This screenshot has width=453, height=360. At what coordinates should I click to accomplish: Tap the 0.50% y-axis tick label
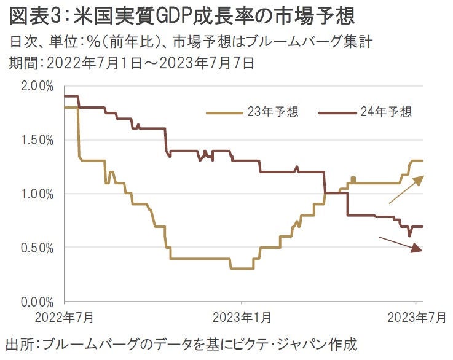[37, 248]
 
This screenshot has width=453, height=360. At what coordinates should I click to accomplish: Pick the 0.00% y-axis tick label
[37, 302]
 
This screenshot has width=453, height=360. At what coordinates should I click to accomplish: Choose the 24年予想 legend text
[386, 112]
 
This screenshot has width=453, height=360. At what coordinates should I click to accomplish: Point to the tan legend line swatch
[225, 112]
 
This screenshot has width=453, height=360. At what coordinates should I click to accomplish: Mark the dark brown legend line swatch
[338, 112]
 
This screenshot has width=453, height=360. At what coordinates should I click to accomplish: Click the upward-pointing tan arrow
[406, 189]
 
